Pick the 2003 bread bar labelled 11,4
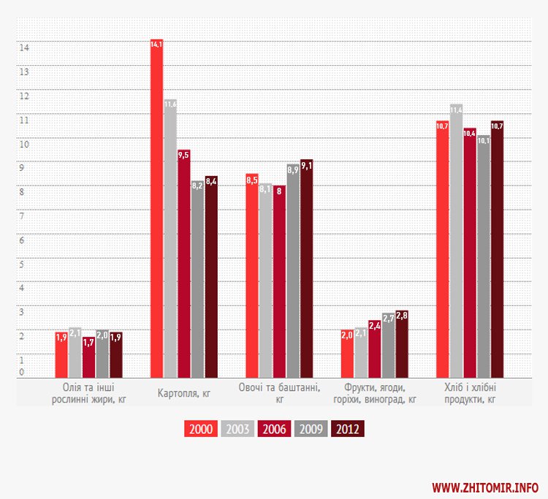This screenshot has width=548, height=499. pyautogui.click(x=456, y=241)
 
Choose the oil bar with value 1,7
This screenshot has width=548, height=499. pyautogui.click(x=88, y=357)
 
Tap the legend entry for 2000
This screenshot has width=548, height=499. pyautogui.click(x=200, y=429)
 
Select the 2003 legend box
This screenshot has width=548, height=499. pyautogui.click(x=237, y=429)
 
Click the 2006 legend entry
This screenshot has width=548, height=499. pyautogui.click(x=273, y=429)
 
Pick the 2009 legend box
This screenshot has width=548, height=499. pyautogui.click(x=310, y=429)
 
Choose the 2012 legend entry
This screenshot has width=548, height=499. pyautogui.click(x=346, y=429)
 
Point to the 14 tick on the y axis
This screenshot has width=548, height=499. pyautogui.click(x=23, y=47)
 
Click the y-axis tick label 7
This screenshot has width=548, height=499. pyautogui.click(x=22, y=216)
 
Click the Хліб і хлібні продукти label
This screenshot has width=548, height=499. pyautogui.click(x=470, y=393)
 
